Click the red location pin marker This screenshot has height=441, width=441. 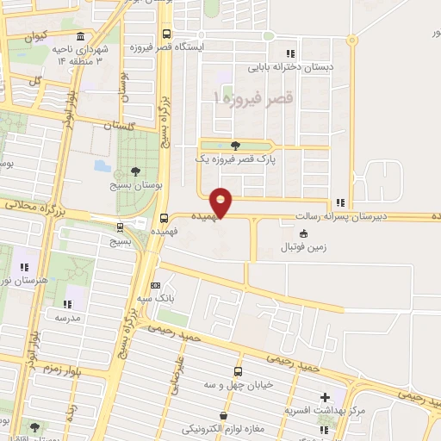[x=221, y=202]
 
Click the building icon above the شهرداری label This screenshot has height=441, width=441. [x=80, y=37]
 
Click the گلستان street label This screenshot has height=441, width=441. [x=120, y=126]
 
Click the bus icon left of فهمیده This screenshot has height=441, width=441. [x=164, y=218]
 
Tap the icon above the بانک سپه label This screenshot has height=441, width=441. [x=155, y=284]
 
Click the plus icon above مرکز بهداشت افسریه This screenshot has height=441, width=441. [x=325, y=397]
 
